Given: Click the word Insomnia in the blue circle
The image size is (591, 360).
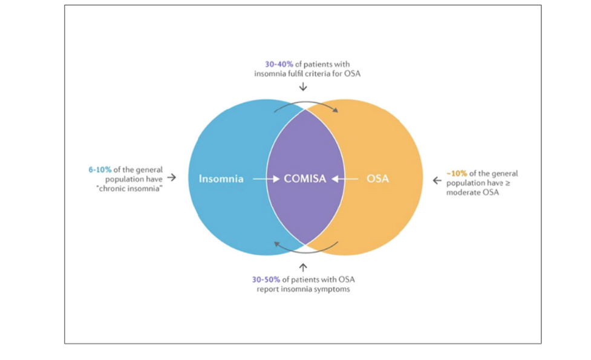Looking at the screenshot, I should [221, 179].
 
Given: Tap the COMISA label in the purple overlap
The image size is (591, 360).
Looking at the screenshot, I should [305, 179].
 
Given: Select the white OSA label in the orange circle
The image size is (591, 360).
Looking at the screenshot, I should [377, 179].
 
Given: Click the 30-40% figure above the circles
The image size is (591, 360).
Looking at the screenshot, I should [278, 64].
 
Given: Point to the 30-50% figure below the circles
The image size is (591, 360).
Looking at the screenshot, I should [266, 280].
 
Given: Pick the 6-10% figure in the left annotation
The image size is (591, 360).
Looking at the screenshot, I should [100, 169].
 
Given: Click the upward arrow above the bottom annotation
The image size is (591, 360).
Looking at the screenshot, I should [303, 266].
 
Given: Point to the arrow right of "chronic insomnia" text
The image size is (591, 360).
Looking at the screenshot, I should [171, 178].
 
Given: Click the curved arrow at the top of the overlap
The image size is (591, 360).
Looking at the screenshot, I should [306, 106].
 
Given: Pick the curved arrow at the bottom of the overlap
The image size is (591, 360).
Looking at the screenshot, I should [305, 249].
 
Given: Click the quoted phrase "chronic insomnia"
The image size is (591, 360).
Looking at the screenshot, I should [129, 188].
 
